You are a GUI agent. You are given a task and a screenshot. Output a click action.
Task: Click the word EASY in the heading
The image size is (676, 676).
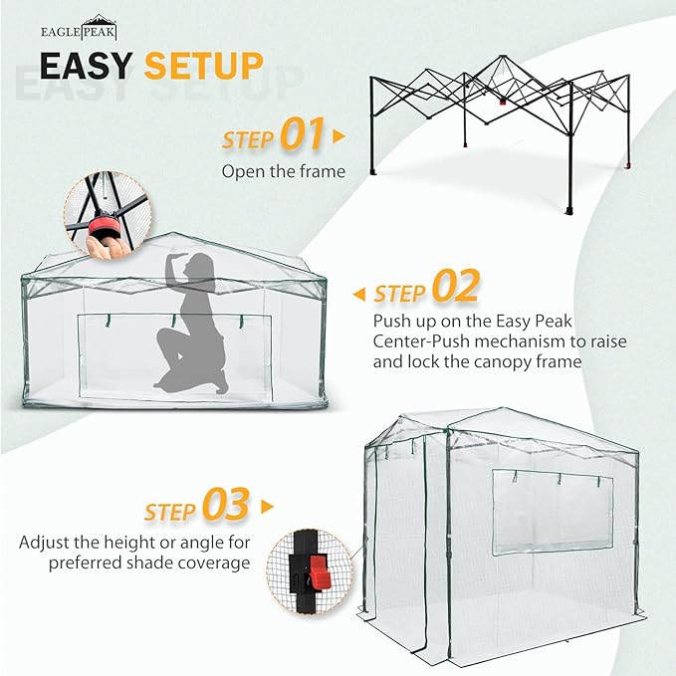(86, 66)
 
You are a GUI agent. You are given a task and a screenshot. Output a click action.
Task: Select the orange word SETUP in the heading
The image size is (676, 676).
(204, 66)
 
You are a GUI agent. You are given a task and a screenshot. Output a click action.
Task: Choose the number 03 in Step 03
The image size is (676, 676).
(225, 507)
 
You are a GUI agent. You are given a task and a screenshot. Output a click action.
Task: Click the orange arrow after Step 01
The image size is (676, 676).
(339, 135)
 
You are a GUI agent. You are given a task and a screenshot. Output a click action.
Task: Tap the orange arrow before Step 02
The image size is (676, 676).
(359, 294)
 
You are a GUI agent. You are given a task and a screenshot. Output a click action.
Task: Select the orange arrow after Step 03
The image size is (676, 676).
(266, 507)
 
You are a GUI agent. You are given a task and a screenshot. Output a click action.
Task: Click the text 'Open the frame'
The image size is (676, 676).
(283, 171)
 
